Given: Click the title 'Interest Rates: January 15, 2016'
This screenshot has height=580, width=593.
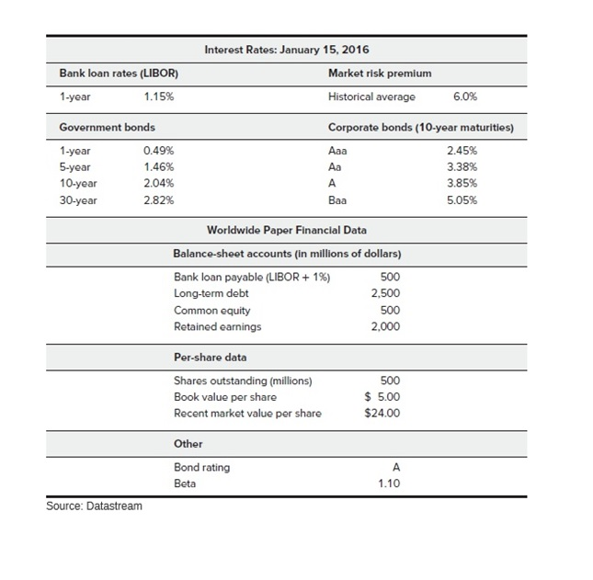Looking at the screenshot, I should click(286, 49).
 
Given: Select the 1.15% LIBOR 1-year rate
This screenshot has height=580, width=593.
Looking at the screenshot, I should click(159, 96).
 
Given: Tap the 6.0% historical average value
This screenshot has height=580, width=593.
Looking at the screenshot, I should click(465, 96).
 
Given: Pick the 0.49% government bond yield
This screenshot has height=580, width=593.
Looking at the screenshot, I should click(159, 150).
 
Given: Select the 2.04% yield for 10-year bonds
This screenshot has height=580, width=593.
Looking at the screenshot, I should click(159, 183).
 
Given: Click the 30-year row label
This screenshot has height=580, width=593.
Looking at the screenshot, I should click(78, 199).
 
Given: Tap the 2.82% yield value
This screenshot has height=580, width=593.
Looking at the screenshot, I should click(159, 199).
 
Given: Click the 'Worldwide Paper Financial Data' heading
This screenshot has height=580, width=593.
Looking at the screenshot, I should click(286, 229).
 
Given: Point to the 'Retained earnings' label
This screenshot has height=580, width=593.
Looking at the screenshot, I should click(217, 326).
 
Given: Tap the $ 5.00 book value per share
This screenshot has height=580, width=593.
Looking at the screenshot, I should click(383, 396).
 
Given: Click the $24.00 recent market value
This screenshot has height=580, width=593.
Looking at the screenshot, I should click(383, 413).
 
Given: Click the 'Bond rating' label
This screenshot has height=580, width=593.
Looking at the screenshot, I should click(201, 467).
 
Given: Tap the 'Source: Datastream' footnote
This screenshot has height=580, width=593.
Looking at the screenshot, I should click(95, 506).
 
